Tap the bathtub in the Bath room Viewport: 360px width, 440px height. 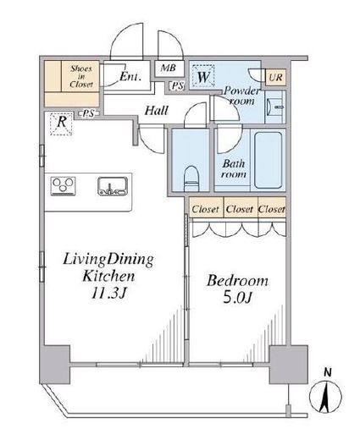coord(269,160)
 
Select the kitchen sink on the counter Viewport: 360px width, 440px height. coord(113,186)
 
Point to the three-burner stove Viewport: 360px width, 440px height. coord(64,186)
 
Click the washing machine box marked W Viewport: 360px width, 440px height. coord(203,75)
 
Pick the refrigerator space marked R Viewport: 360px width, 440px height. coord(61,124)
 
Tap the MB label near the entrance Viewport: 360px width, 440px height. coord(169,68)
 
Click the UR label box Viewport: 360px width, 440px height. coord(275,77)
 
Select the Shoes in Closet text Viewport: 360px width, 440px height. coord(81,76)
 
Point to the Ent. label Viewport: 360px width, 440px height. coord(130,76)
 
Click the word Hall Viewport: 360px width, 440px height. coord(157,111)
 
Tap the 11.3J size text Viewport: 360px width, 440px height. coord(108,294)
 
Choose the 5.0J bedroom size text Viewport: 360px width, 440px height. coord(237,298)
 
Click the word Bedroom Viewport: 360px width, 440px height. coord(237,281)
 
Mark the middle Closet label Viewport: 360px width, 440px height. coord(240,209)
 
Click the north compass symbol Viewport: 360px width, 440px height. coord(325,397)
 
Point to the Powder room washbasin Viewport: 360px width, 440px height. coord(274,107)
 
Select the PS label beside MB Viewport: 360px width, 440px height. coord(178,85)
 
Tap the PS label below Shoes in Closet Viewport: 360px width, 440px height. coord(88,113)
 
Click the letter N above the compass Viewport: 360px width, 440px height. coord(327,373)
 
